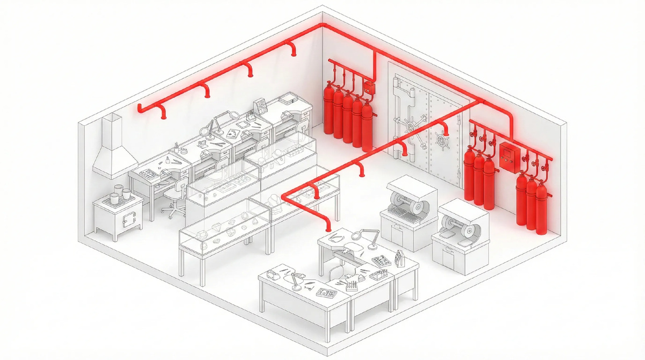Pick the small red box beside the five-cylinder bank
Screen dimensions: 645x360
tap(369, 88)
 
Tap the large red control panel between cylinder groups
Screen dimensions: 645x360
tap(507, 156)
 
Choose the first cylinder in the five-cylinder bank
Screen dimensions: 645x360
tap(328, 110)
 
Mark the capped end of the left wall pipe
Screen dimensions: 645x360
tap(140, 108)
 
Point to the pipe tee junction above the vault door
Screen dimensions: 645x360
tap(375, 53)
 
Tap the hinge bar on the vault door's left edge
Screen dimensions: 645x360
tap(397, 116)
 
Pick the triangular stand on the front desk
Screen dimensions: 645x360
tap(399, 258)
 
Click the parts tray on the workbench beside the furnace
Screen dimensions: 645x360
tap(146, 173)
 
